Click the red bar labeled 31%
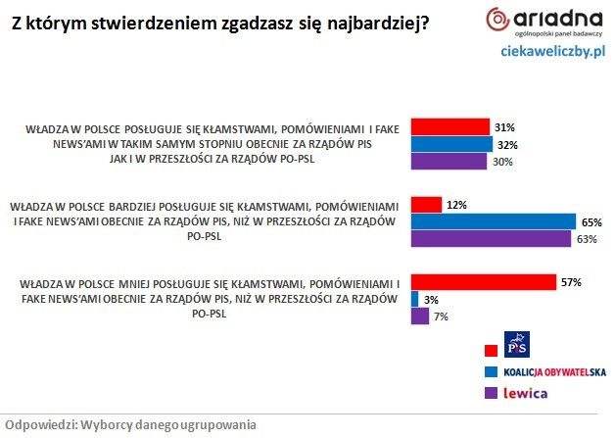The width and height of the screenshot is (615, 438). click(449, 127)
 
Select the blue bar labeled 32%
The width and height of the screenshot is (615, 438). click(451, 145)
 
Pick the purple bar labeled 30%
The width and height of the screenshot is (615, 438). click(449, 162)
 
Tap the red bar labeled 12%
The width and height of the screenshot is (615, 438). click(426, 205)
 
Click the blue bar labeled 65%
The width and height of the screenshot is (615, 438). click(493, 222)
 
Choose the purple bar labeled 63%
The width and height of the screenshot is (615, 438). click(490, 239)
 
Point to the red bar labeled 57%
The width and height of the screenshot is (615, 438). click(483, 282)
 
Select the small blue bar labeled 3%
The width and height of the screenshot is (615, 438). click(415, 299)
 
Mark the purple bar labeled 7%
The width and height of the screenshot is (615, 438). click(420, 316)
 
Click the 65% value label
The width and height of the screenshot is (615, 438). click(591, 222)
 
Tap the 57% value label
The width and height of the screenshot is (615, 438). click(571, 282)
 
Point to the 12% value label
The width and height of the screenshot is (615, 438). click(456, 205)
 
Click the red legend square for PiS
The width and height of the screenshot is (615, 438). click(491, 350)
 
